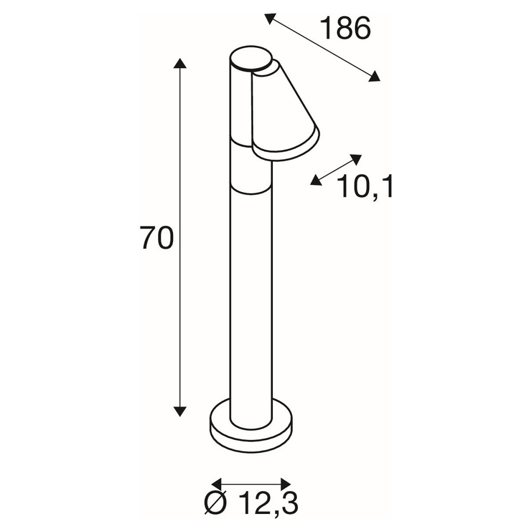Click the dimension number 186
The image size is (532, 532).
coord(345,29)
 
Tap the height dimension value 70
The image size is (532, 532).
coord(157,238)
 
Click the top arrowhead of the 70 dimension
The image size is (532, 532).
coord(180,63)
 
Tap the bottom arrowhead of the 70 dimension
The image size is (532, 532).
coord(180,411)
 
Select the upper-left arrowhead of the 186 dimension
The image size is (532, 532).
coord(270,18)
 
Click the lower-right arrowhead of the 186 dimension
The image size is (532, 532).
coord(374,76)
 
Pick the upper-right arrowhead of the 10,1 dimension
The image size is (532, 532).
coord(356,159)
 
